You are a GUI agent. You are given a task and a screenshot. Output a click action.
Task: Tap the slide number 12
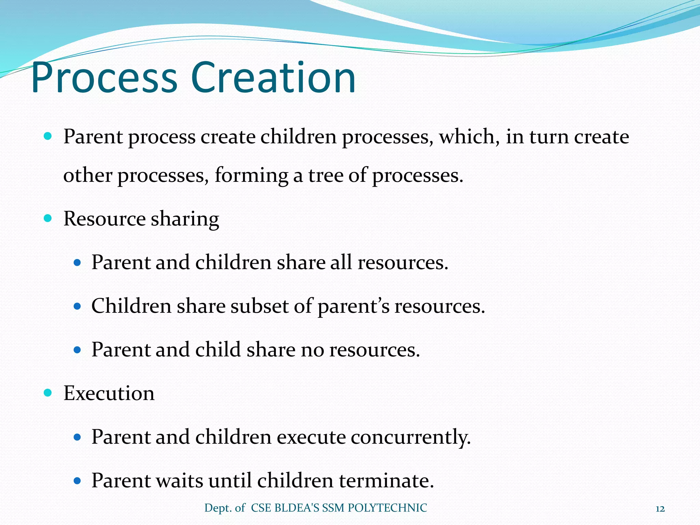pyautogui.click(x=660, y=509)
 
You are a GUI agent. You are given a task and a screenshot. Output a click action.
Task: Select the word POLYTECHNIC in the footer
pyautogui.click(x=387, y=508)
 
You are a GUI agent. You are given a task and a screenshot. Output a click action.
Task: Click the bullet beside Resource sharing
pyautogui.click(x=48, y=218)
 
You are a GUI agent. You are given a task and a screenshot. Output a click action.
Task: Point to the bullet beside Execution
pyautogui.click(x=48, y=393)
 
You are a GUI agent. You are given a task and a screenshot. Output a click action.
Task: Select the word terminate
pyautogui.click(x=386, y=480)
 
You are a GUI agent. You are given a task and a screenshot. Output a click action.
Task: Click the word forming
pyautogui.click(x=251, y=176)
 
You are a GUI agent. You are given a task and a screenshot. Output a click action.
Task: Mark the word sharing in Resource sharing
pyautogui.click(x=185, y=219)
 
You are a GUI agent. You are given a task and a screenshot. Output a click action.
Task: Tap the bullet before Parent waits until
pyautogui.click(x=77, y=481)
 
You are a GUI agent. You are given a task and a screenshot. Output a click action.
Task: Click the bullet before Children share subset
pyautogui.click(x=77, y=306)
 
